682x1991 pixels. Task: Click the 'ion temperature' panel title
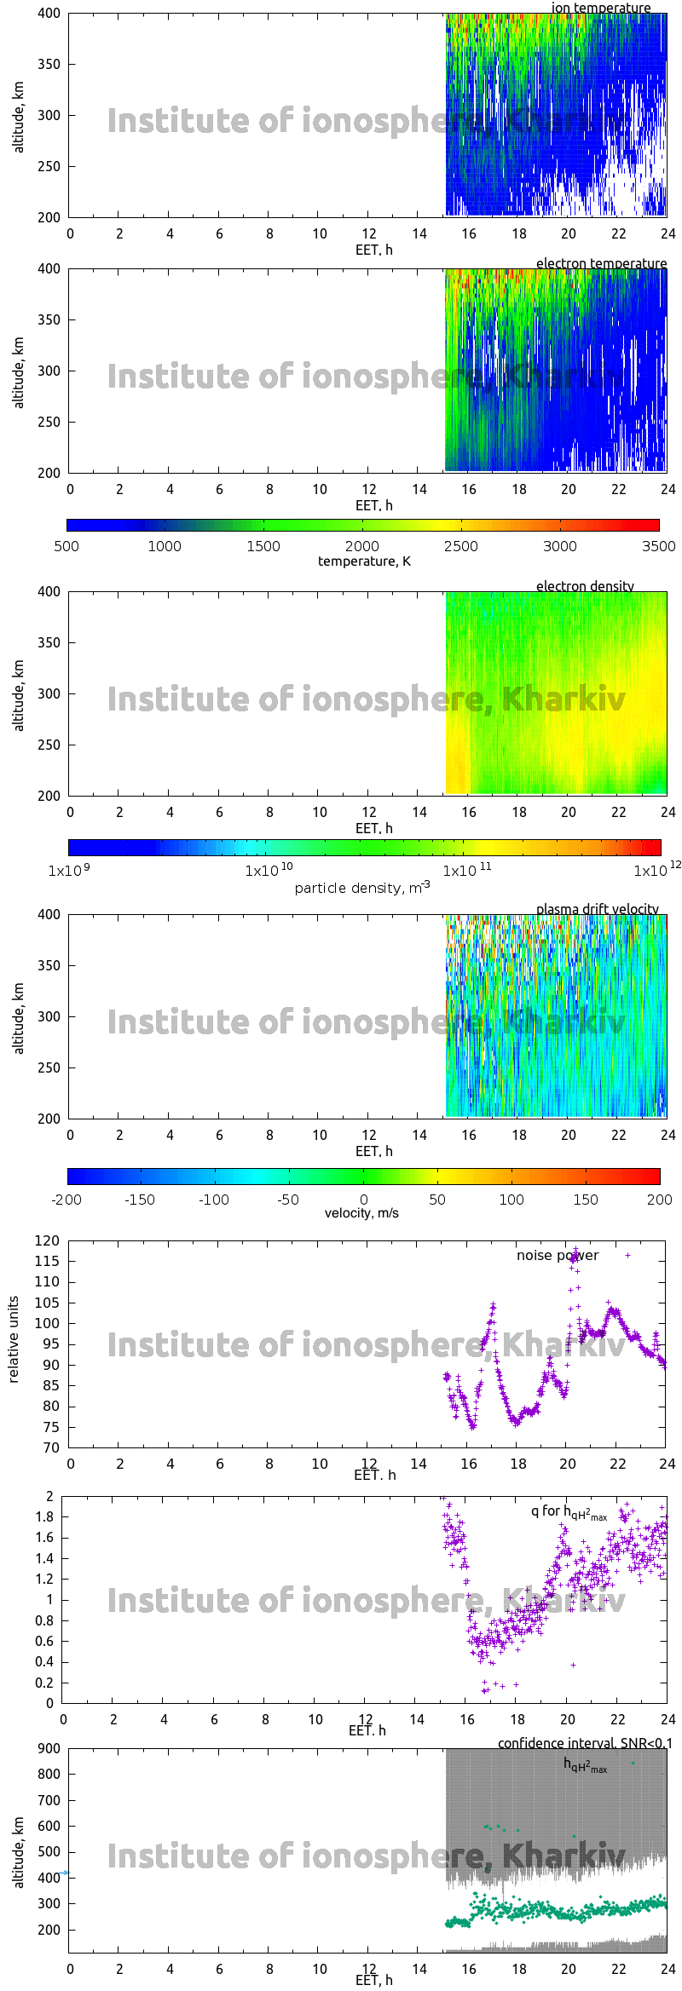click(600, 8)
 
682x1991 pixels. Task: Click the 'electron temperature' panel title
click(601, 263)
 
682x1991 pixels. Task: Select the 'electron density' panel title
click(585, 586)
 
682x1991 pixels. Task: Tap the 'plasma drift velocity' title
click(597, 909)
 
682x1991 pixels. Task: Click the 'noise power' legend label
click(558, 1255)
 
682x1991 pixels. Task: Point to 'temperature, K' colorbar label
click(364, 561)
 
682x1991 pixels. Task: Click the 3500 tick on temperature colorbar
click(658, 546)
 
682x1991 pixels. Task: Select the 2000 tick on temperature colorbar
click(361, 546)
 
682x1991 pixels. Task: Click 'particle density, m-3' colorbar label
click(361, 887)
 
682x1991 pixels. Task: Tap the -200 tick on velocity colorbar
click(66, 1200)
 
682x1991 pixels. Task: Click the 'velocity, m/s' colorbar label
click(361, 1212)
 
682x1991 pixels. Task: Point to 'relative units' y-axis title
click(14, 1339)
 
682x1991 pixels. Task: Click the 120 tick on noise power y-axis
click(48, 1240)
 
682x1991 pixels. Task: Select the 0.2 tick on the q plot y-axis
click(44, 1683)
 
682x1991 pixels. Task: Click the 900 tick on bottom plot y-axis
click(49, 1748)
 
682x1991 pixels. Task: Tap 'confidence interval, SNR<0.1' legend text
click(585, 1743)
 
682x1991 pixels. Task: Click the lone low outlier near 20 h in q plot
click(573, 1665)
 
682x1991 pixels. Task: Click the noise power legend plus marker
click(628, 1255)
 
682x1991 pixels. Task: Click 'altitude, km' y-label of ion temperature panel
click(19, 117)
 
